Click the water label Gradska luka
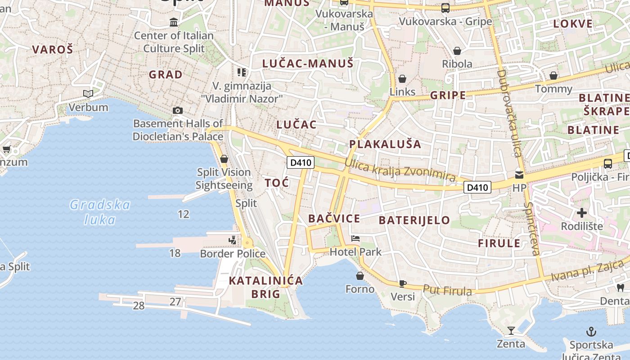coord(99,212)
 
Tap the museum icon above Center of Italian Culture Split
coord(174,22)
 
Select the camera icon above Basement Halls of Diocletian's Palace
coord(178,110)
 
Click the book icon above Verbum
coord(88,94)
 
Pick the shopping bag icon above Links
coord(402,79)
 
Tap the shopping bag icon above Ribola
coord(457,50)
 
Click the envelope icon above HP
coord(519,175)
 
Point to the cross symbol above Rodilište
coord(582,212)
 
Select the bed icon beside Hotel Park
coord(355,238)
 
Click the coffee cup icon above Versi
coord(403,283)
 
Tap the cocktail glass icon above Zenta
coord(511,331)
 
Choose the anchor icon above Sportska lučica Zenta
coord(591,332)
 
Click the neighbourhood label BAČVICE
coord(334,219)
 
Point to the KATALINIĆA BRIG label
coord(265,287)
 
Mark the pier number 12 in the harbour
coord(184,214)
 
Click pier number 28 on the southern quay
coord(139,306)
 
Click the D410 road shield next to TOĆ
coord(301,162)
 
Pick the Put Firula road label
coord(448,290)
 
